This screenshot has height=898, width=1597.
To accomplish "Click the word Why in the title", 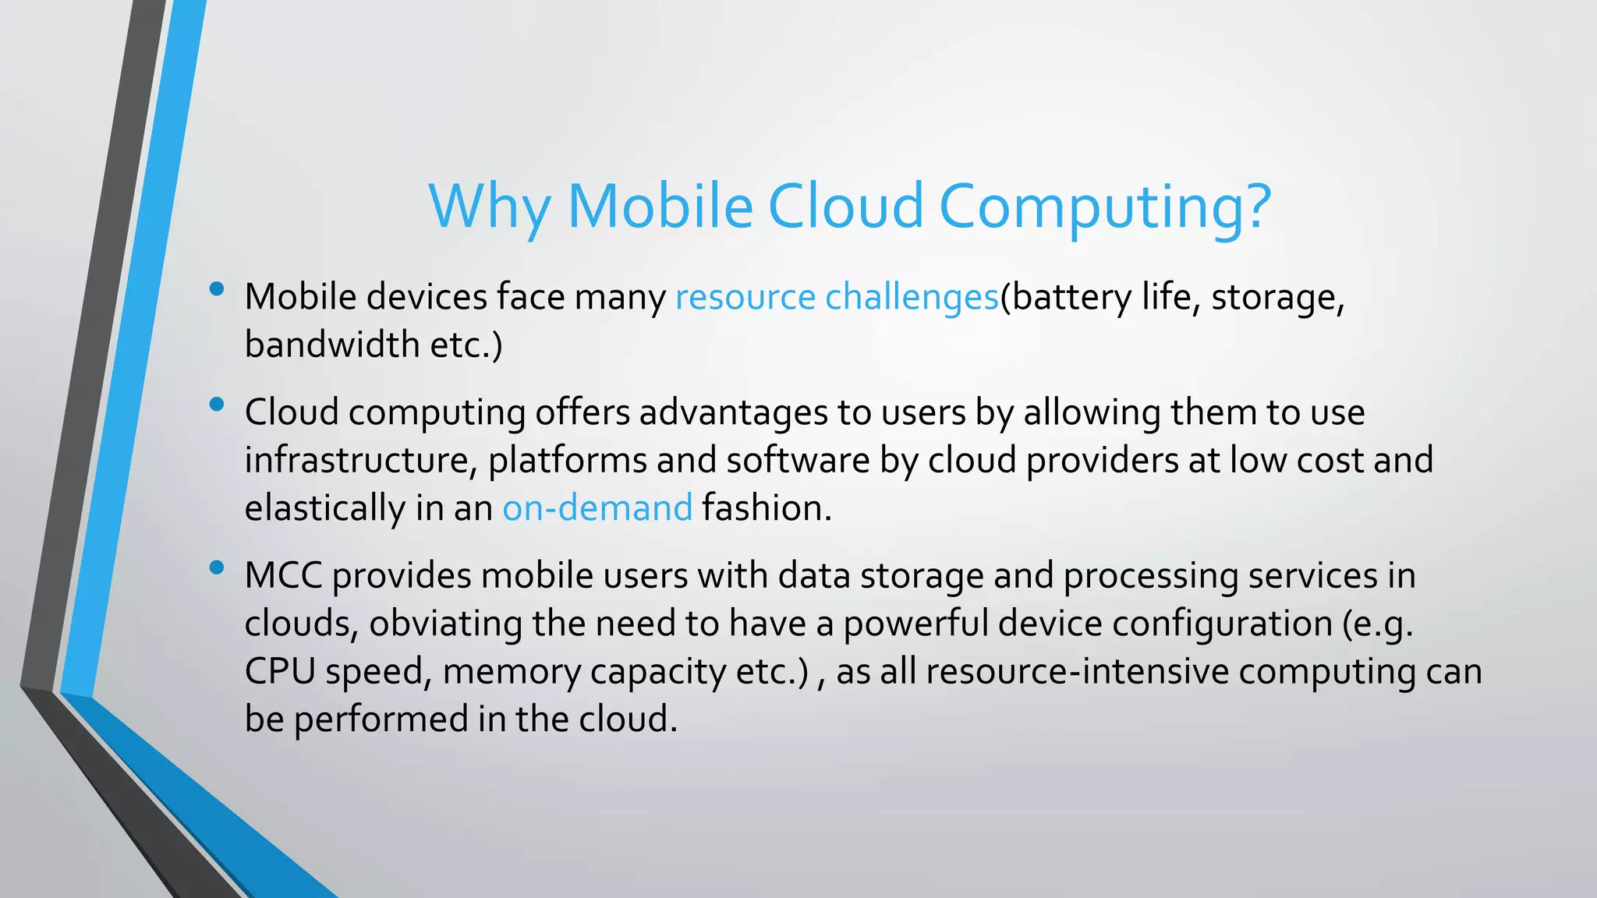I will click(x=489, y=207).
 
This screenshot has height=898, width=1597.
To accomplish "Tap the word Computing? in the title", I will click(x=1104, y=207).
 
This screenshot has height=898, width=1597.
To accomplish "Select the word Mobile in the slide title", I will click(x=660, y=207).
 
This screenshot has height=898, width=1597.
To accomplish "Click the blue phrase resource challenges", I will click(x=837, y=298).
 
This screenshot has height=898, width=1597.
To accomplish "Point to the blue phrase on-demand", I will click(x=597, y=508).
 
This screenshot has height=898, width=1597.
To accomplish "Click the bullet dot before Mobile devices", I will click(x=217, y=290).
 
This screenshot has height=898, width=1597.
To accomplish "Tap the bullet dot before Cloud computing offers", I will click(x=217, y=405).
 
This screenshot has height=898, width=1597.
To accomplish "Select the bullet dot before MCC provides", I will click(x=217, y=568).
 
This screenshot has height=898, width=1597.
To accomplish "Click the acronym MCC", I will click(x=283, y=576).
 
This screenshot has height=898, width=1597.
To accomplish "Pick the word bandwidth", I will click(x=331, y=345).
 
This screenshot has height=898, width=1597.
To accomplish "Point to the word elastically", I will click(x=324, y=508).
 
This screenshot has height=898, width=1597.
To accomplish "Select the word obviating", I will click(x=445, y=624).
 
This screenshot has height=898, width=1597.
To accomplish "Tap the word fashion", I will click(x=766, y=508).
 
